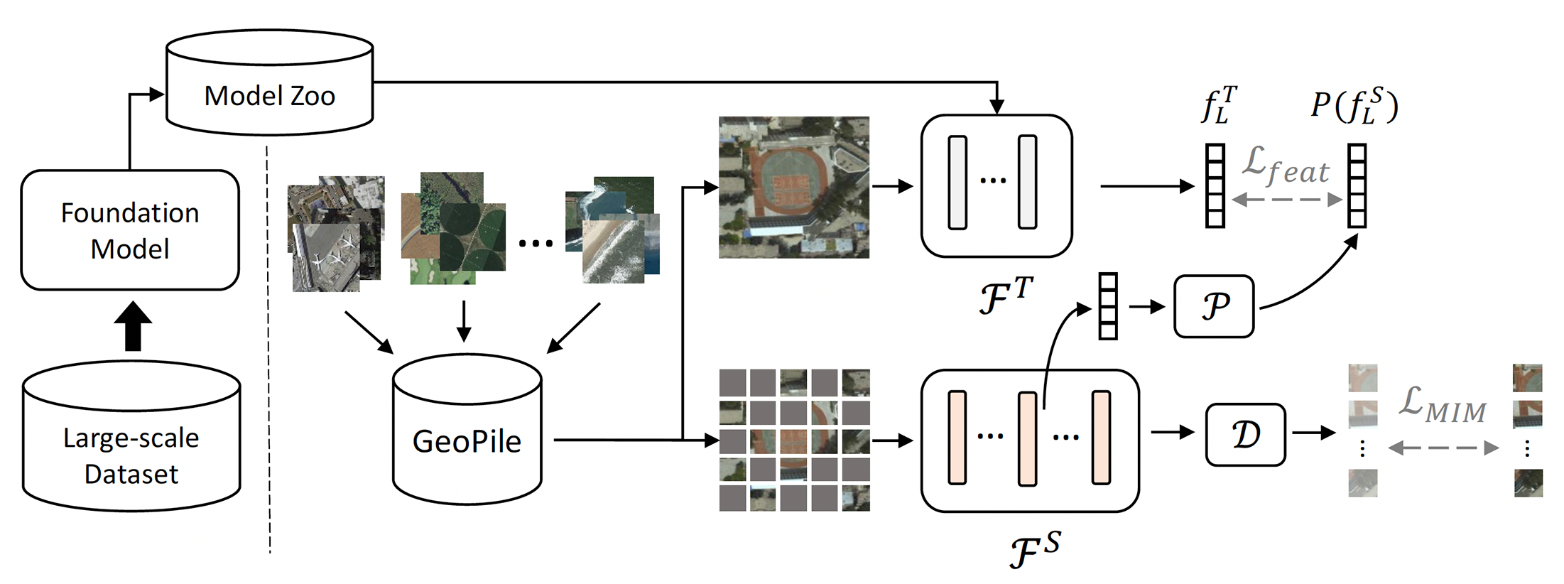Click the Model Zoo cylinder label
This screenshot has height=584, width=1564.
tap(269, 96)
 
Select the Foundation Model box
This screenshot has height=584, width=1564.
tap(130, 230)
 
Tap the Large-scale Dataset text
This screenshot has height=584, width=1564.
tap(131, 455)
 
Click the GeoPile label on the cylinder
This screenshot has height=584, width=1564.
tap(467, 442)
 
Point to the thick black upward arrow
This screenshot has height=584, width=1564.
tap(133, 326)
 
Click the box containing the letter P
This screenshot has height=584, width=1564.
tap(1214, 306)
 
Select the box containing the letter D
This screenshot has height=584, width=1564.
tap(1245, 435)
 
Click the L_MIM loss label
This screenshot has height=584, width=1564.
tap(1442, 406)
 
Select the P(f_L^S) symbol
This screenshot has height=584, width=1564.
tap(1354, 107)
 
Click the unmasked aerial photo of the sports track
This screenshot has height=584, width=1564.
tap(793, 187)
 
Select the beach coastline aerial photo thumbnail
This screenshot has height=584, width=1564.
tap(614, 249)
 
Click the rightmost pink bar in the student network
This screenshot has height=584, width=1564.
tap(1101, 437)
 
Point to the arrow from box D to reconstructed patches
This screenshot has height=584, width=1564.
tap(1313, 432)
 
